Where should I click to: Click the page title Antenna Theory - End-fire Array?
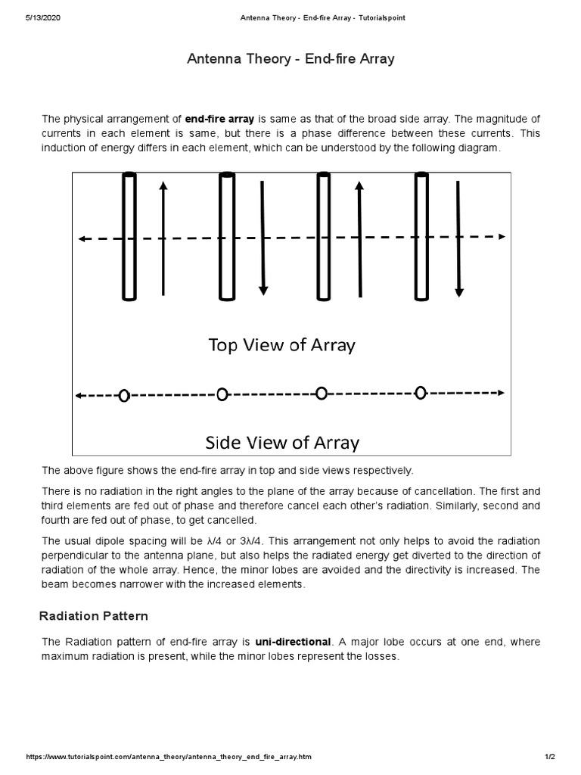(290, 59)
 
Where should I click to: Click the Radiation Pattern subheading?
(94, 616)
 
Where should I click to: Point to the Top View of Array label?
(281, 345)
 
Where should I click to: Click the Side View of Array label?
(282, 441)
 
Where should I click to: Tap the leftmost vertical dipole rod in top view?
(129, 236)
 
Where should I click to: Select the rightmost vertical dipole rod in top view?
(421, 236)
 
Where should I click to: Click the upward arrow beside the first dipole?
(163, 236)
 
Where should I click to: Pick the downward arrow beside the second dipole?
(263, 236)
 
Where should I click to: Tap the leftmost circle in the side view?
(124, 395)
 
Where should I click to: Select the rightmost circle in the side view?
(421, 392)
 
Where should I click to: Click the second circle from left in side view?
(222, 394)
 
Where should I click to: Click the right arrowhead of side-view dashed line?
(501, 392)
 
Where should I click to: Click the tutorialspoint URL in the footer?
(169, 757)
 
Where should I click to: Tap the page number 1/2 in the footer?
(550, 757)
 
